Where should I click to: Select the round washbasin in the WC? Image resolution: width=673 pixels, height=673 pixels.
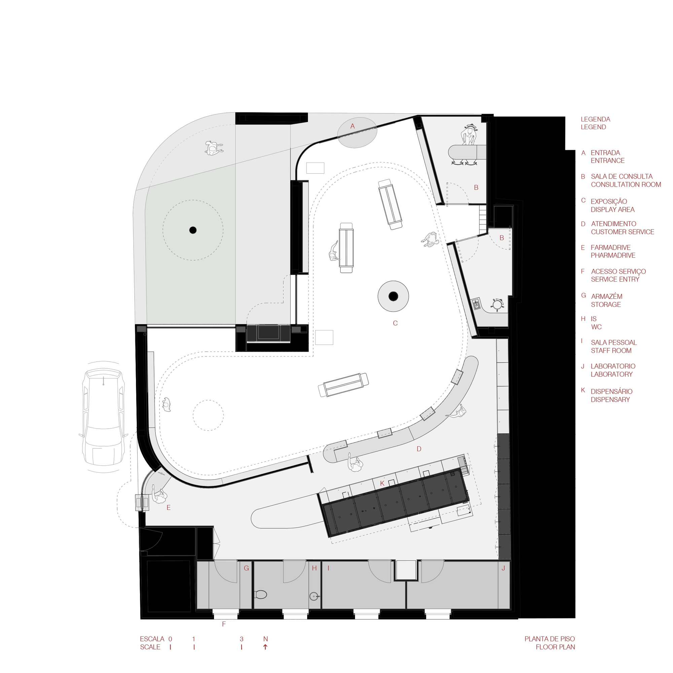314,596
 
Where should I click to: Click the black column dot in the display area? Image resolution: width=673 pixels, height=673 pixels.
393,296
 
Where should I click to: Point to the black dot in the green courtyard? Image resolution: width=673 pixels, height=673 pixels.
192,230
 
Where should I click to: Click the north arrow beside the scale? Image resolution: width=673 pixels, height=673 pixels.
265,647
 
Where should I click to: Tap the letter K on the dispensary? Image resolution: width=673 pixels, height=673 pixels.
382,484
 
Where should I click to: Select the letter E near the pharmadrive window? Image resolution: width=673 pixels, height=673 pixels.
169,508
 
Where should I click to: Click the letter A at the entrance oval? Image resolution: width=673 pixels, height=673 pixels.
353,126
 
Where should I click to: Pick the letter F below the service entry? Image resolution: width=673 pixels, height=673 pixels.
224,624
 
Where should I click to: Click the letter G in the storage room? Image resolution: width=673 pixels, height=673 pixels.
246,568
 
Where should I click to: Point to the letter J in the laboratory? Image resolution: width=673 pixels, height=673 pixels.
503,568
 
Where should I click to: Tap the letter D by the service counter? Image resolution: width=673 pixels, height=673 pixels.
419,449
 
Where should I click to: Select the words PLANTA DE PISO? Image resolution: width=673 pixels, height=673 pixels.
550,639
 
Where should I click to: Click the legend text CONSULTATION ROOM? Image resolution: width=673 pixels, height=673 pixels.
626,185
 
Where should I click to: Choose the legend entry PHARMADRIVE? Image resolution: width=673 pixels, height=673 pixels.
613,255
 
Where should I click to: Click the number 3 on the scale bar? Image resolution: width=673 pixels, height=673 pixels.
241,639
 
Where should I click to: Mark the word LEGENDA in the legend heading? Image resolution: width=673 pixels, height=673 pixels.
595,119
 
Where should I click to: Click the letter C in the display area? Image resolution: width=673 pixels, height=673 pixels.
395,323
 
